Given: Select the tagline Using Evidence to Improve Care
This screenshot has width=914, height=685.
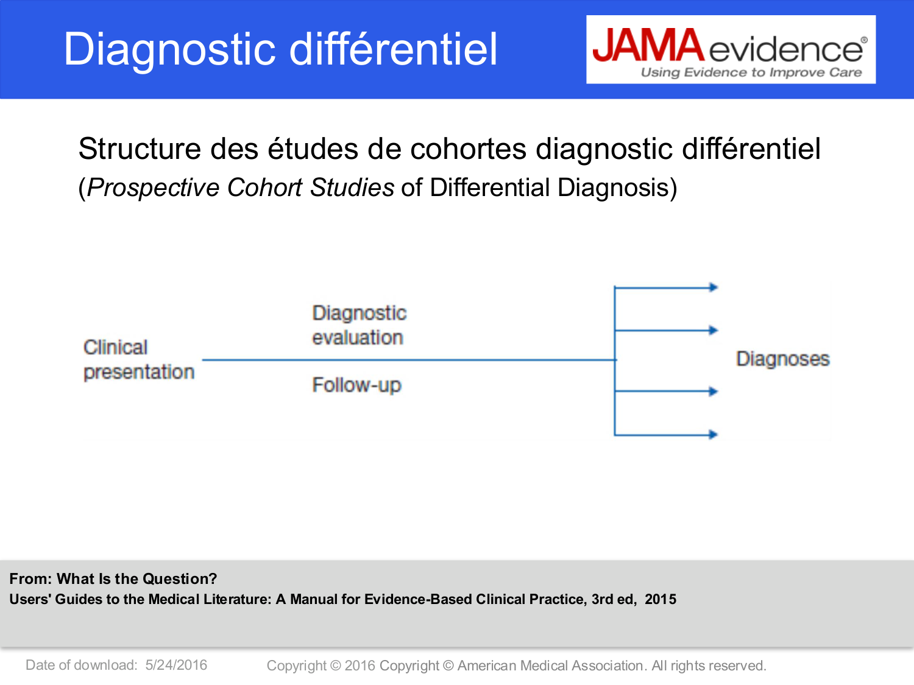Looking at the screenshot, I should click(x=751, y=72).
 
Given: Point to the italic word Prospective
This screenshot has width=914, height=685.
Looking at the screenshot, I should click(x=153, y=188).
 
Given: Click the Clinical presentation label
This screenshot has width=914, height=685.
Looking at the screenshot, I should click(x=138, y=359).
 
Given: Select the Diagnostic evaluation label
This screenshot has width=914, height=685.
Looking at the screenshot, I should click(x=359, y=325).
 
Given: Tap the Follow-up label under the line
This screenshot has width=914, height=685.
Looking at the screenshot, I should click(x=356, y=385).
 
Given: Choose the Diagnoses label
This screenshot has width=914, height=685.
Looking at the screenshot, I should click(x=782, y=359).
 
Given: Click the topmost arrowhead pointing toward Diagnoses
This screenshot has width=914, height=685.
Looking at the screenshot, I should click(x=714, y=287).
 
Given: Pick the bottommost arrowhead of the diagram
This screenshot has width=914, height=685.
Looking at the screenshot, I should click(x=714, y=434).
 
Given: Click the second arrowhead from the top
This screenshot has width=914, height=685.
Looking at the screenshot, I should click(x=714, y=330).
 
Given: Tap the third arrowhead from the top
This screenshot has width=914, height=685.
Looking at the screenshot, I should click(x=714, y=391).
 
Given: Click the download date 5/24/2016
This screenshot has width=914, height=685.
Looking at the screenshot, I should click(x=176, y=665).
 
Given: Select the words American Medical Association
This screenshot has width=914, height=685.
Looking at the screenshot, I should click(x=550, y=666).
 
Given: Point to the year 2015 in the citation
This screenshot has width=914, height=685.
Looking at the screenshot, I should click(x=661, y=599).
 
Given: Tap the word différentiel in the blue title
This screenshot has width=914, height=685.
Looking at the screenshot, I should click(x=394, y=49).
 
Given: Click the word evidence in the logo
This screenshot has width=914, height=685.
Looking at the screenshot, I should click(x=786, y=49).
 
